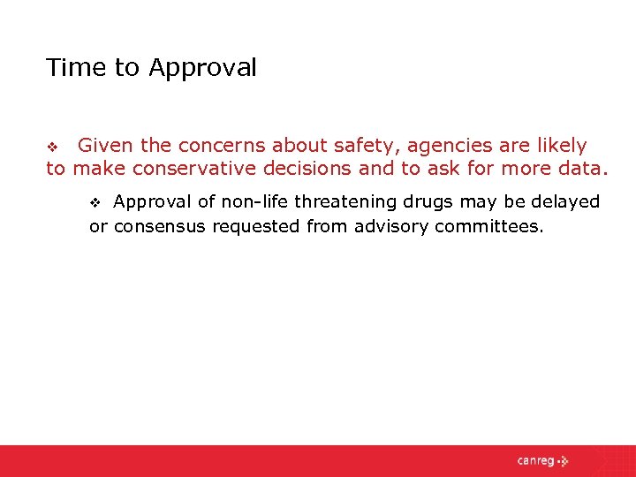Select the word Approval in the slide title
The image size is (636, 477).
click(203, 68)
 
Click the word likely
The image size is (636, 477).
click(557, 146)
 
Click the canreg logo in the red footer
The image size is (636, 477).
click(542, 461)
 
